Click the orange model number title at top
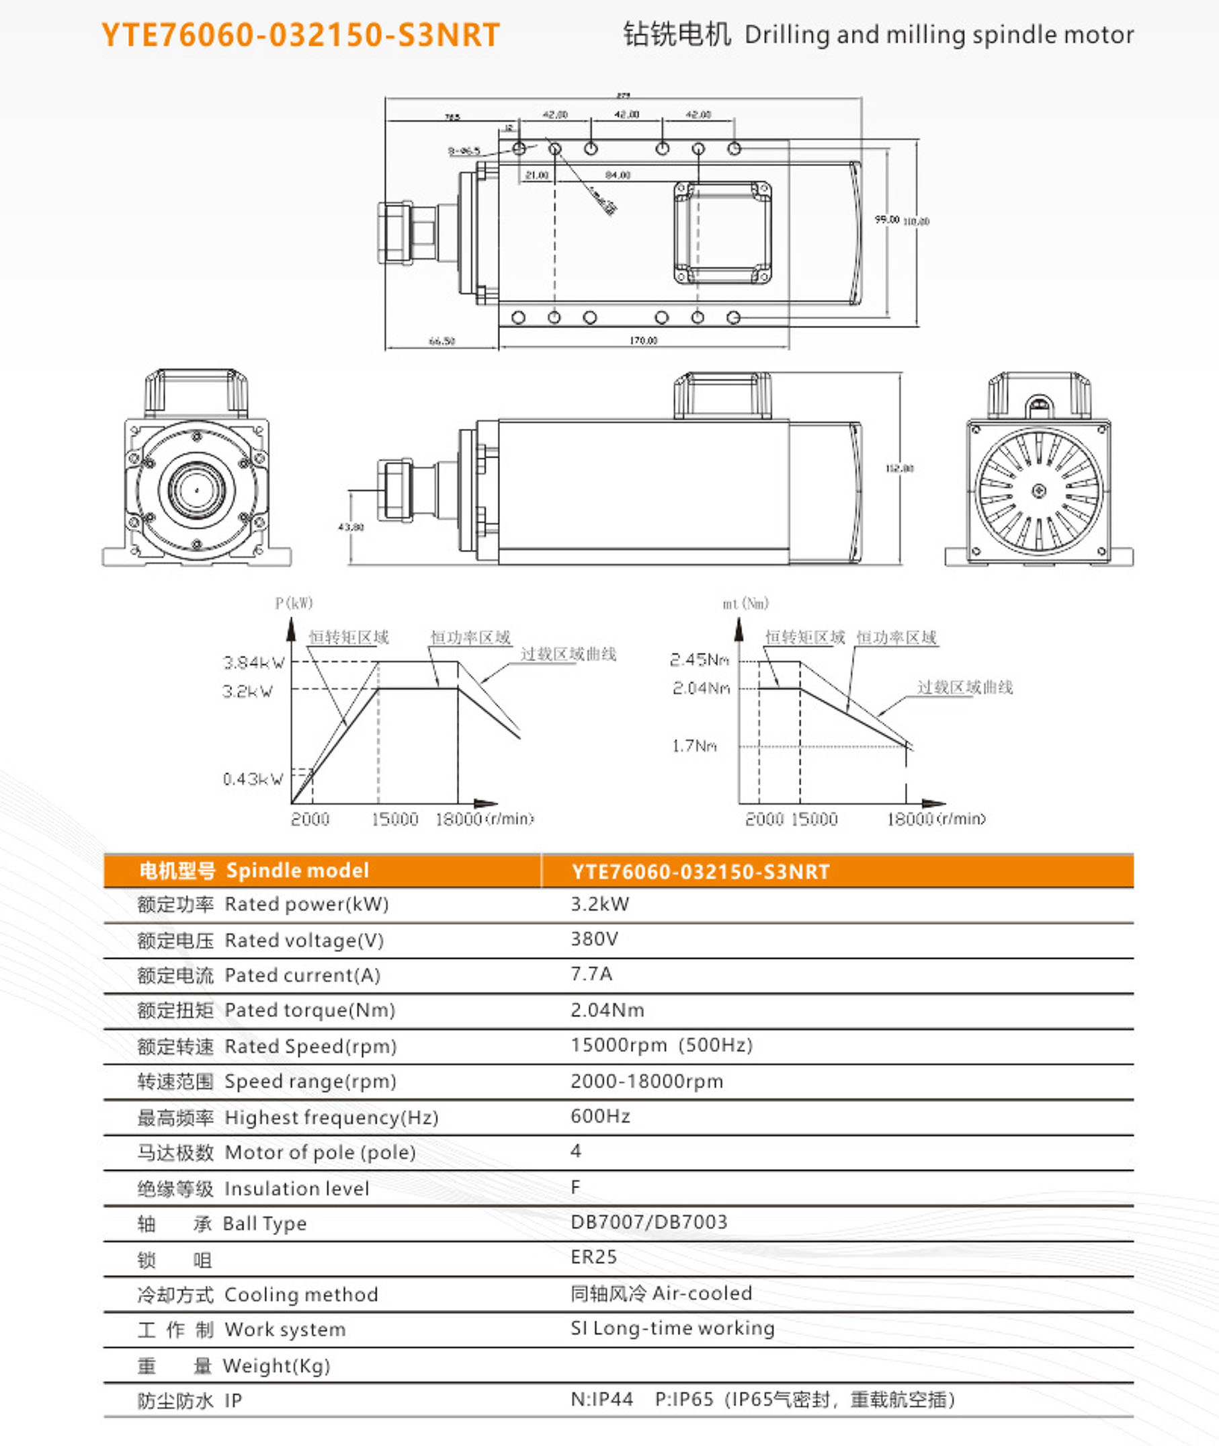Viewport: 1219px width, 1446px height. [x=300, y=34]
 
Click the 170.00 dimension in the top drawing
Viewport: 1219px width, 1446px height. [x=642, y=340]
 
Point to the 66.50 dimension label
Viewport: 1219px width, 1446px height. [x=442, y=341]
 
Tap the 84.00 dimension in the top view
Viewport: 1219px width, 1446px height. [x=617, y=175]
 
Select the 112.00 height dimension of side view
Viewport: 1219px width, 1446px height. [x=899, y=468]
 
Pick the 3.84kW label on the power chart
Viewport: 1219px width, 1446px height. [x=253, y=663]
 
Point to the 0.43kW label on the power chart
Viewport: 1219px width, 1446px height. [x=253, y=779]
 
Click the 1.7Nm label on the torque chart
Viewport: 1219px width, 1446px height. [x=694, y=746]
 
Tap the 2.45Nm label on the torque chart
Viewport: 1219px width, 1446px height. [x=700, y=659]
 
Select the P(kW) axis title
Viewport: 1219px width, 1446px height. [x=294, y=604]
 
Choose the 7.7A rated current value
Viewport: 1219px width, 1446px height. [x=591, y=974]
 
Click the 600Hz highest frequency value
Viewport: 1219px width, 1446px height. [x=600, y=1116]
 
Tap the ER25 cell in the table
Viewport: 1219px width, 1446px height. [x=593, y=1256]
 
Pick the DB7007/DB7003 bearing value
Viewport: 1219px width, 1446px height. [x=649, y=1221]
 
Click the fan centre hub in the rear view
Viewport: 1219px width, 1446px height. [x=1038, y=491]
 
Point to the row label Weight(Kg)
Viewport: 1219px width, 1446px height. [x=276, y=1366]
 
